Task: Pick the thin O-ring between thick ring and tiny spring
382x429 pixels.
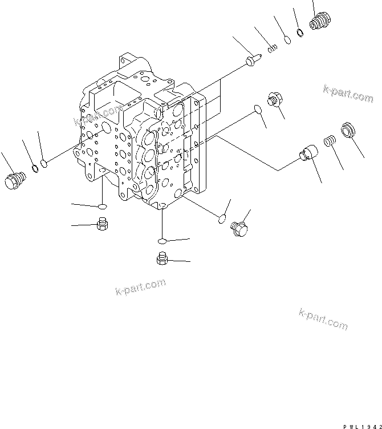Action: click(x=287, y=40)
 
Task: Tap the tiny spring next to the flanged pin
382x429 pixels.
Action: click(x=273, y=47)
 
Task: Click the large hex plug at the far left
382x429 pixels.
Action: click(x=13, y=180)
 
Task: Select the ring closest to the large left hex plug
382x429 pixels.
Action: click(x=34, y=168)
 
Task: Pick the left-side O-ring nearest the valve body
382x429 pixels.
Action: click(x=44, y=163)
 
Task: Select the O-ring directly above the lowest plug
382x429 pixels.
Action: click(x=162, y=241)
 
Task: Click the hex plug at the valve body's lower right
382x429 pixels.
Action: click(x=239, y=228)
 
